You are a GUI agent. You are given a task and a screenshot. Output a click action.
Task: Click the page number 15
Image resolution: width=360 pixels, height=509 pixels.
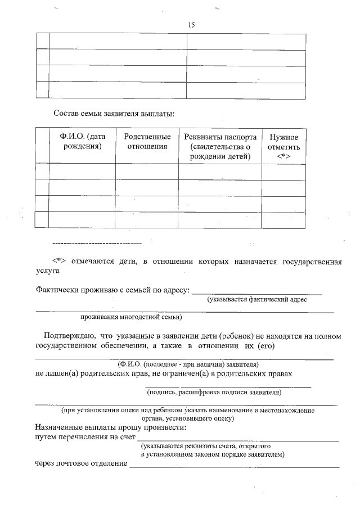coord(191,25)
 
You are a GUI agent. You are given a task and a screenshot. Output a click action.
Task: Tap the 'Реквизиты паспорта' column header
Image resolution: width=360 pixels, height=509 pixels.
coord(220,146)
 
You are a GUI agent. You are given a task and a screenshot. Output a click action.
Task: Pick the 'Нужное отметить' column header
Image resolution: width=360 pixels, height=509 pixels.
coord(284,146)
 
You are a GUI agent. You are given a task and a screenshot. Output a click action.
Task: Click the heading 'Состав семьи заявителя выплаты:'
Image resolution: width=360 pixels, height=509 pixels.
coord(114,113)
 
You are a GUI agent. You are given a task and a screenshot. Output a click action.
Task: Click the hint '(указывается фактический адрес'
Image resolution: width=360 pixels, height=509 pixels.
coord(257,300)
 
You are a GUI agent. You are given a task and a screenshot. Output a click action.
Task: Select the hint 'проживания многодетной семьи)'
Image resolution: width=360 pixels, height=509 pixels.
coord(130,317)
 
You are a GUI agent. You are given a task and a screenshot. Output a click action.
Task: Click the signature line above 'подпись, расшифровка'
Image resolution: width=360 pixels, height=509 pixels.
coord(228,387)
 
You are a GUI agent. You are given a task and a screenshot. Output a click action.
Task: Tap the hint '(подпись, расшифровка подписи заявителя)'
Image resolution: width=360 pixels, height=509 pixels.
coord(214,393)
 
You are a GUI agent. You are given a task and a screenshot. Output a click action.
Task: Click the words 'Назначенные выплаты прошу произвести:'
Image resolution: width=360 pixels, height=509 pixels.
coord(111,427)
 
